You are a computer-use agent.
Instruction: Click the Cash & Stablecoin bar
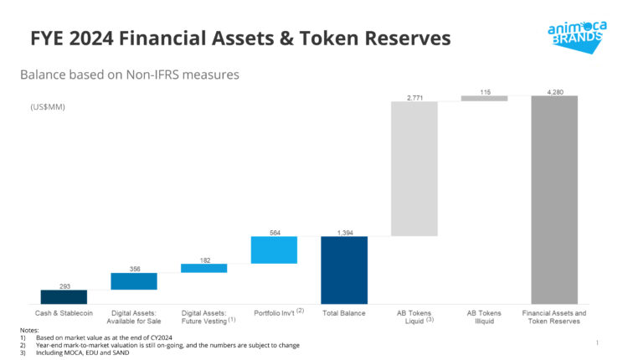click(x=64, y=296)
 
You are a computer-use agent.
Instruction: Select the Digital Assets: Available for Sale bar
click(x=134, y=280)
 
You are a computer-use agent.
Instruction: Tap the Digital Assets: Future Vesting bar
click(x=203, y=268)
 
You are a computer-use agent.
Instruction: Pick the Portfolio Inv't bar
click(x=274, y=249)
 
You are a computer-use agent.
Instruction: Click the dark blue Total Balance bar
click(x=343, y=270)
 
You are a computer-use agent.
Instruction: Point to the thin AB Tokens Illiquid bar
click(x=484, y=98)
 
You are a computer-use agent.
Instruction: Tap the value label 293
click(x=64, y=285)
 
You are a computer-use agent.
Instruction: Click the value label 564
click(x=274, y=232)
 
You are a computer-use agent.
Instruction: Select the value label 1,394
click(x=344, y=232)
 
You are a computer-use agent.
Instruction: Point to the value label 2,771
click(x=414, y=98)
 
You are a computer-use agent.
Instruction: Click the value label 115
click(x=484, y=90)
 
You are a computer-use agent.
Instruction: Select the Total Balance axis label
click(x=344, y=313)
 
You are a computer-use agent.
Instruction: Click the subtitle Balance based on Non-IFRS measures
click(x=130, y=75)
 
